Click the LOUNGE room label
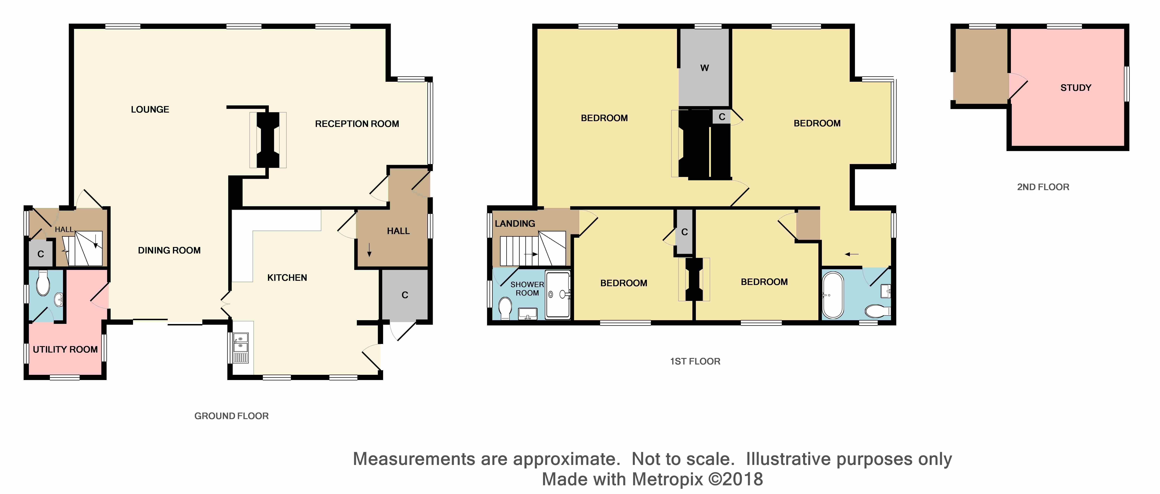[150, 109]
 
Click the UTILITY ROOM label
[65, 349]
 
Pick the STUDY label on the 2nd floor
[1076, 88]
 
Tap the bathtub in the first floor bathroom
[833, 295]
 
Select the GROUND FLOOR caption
[232, 416]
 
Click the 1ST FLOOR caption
[695, 361]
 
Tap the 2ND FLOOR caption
[1043, 187]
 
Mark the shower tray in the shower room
[558, 294]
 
